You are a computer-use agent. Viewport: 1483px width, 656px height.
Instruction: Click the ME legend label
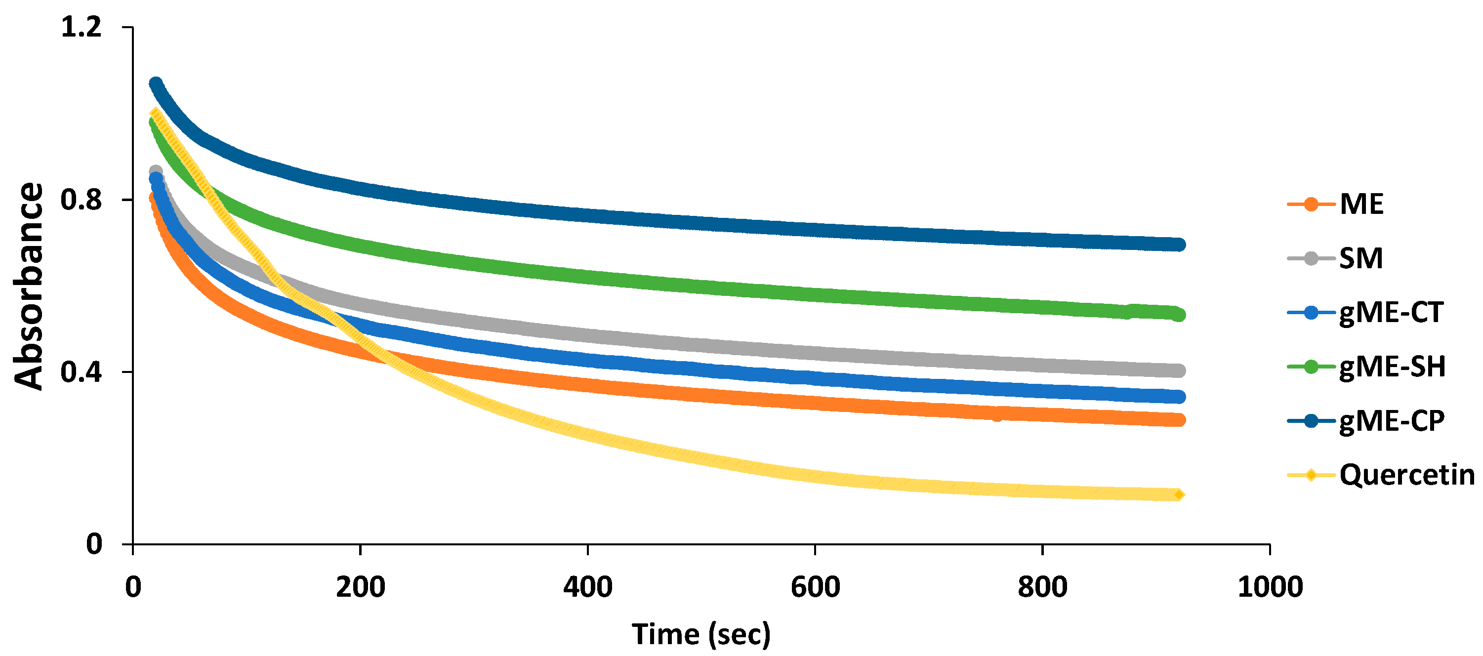1361,205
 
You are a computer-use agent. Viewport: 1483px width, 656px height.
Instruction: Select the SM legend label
1361,258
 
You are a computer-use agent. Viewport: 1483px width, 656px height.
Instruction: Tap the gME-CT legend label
1391,313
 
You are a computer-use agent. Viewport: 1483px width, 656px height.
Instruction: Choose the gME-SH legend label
1392,367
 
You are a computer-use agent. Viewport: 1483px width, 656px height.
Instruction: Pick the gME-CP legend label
1392,421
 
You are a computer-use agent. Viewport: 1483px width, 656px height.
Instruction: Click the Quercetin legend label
1407,475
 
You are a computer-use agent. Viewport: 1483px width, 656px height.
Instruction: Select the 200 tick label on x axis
361,587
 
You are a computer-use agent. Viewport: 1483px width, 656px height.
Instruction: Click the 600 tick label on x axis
815,587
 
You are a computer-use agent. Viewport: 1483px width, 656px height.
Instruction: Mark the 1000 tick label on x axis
1270,587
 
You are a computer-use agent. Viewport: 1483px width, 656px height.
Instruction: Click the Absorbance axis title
29,286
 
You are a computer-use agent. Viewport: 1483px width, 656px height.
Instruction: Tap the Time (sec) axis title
700,635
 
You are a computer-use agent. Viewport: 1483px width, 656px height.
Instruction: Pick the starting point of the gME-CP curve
156,83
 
